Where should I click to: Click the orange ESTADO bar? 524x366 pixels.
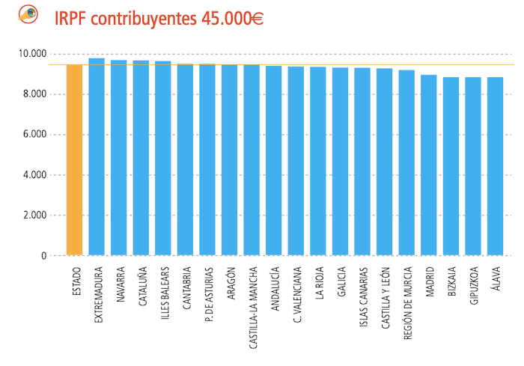point(74,160)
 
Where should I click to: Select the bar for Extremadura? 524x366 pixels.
point(97,157)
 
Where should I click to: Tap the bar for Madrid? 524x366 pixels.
point(428,165)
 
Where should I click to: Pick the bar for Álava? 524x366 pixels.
point(495,166)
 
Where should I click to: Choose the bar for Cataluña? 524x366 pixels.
point(141,158)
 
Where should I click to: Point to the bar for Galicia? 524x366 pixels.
point(340,162)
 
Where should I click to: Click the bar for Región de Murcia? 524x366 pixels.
point(406,163)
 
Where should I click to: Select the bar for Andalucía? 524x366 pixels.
point(274,161)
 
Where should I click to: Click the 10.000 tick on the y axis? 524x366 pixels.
point(32,54)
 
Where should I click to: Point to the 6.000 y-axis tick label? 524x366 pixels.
point(34,135)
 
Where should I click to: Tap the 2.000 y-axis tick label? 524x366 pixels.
point(34,216)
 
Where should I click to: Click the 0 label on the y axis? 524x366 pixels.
point(43,256)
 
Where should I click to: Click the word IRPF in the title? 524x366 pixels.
point(70,18)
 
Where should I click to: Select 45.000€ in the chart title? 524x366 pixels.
point(232,18)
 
